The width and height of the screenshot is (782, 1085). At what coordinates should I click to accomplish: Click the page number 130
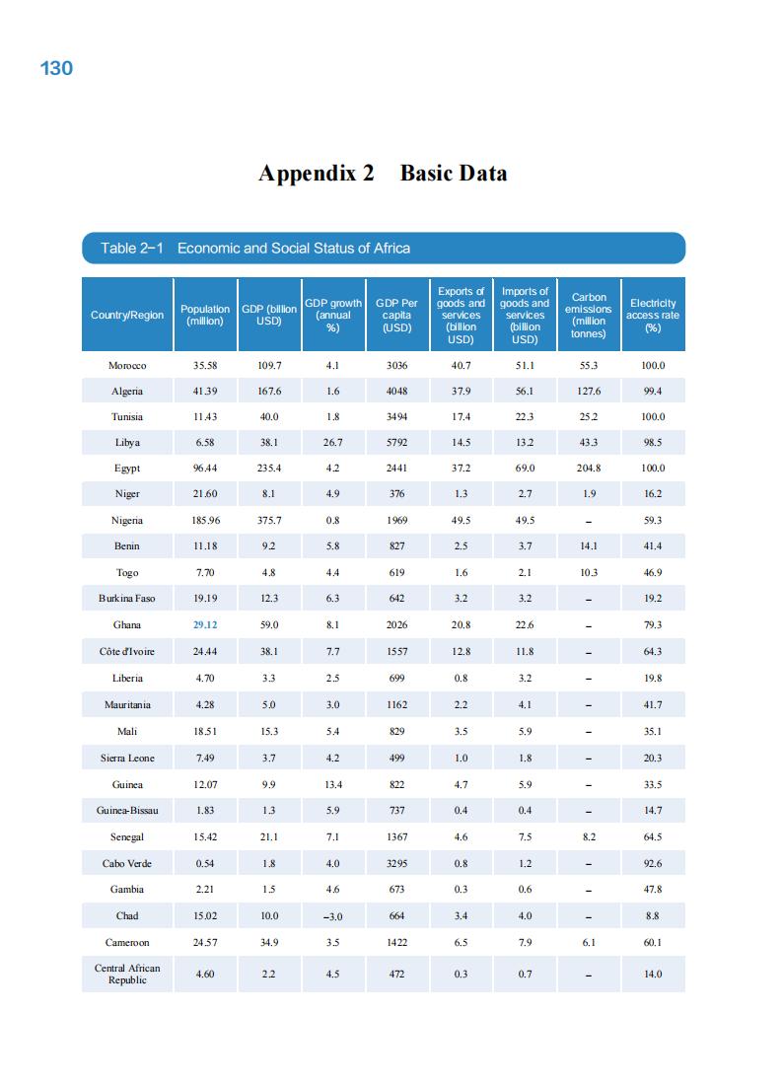tap(56, 68)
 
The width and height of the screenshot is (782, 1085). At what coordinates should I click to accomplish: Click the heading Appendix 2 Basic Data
tap(383, 174)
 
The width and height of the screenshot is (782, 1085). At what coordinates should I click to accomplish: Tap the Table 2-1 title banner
tap(383, 248)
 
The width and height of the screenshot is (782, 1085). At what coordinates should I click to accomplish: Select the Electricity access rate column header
tap(652, 315)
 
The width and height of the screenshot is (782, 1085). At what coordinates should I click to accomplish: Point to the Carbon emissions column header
tap(589, 315)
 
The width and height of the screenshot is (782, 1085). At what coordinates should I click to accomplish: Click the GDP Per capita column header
tap(396, 315)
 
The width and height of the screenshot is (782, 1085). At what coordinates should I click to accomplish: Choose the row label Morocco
tap(127, 365)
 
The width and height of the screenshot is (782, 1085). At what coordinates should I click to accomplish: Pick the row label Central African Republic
tap(127, 974)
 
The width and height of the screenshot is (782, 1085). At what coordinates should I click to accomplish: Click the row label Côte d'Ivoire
tap(127, 651)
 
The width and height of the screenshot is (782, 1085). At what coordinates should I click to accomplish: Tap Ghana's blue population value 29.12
tap(205, 624)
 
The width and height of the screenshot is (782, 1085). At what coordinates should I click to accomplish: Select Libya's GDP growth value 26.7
tap(333, 443)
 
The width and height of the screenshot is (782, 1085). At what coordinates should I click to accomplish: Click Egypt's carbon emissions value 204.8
tap(589, 469)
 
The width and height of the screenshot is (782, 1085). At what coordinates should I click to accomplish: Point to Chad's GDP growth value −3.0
tap(333, 916)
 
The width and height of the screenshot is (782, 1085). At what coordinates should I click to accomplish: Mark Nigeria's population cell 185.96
tap(205, 520)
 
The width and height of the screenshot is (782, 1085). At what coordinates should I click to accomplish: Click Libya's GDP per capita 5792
tap(396, 443)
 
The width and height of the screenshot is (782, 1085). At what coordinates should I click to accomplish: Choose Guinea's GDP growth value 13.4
tap(333, 784)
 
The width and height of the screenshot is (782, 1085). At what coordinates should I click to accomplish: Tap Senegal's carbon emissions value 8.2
tap(589, 836)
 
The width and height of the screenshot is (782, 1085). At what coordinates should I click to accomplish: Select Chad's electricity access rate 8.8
tap(652, 915)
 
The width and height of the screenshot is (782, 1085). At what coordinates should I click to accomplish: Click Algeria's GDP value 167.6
tap(269, 392)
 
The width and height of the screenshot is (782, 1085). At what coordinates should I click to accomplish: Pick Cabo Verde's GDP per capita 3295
tap(396, 863)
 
